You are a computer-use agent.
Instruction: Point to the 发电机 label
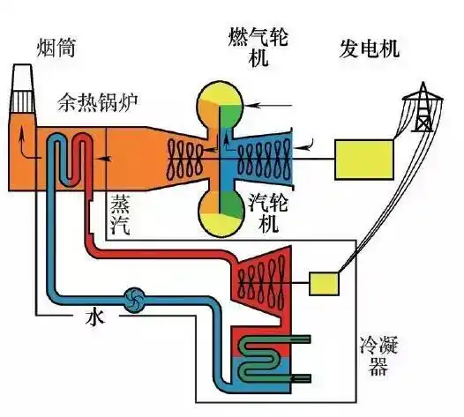369,48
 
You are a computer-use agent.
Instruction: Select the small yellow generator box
325,282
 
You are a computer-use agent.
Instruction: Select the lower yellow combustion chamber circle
221,212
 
